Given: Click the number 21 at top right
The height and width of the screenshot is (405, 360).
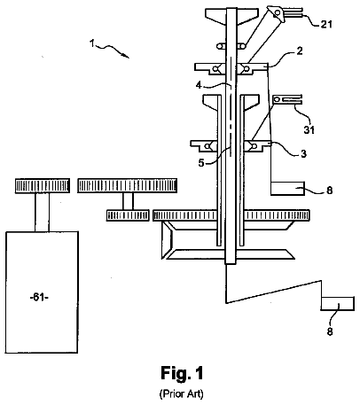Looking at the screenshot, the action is [x=326, y=24].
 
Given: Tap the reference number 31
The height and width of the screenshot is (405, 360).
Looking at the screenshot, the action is [x=309, y=129].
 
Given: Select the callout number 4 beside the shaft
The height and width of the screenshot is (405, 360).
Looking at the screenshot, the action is [x=199, y=85].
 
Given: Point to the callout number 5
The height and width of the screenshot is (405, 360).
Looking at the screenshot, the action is [x=201, y=162].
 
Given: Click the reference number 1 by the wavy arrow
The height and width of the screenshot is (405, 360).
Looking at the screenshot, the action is [x=92, y=43].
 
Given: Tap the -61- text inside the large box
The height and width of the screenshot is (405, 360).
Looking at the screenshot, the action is [x=39, y=297].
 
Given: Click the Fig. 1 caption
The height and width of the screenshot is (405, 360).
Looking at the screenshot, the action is [x=182, y=373].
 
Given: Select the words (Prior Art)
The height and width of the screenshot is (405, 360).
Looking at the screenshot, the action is [x=182, y=393].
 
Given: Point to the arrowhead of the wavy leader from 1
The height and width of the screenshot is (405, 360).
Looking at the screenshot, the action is [x=127, y=56].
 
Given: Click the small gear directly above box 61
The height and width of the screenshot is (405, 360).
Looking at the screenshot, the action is [x=43, y=186].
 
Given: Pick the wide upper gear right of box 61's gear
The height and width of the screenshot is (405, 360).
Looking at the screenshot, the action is [x=128, y=186].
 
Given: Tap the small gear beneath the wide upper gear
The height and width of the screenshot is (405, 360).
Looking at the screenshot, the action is [x=128, y=215].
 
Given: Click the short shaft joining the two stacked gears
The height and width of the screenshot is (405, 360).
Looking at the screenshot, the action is [x=128, y=201].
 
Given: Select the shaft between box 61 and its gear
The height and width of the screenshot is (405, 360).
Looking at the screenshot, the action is [x=43, y=213].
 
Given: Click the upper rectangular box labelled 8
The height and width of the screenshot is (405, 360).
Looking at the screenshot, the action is [x=287, y=189].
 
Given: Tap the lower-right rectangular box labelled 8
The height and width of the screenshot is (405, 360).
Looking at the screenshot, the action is [x=338, y=304].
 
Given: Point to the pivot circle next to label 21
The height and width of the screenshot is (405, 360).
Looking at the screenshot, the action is [x=278, y=12].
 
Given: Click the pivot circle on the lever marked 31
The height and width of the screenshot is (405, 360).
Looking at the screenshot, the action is [x=278, y=100].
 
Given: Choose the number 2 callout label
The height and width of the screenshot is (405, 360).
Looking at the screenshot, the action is [x=300, y=51].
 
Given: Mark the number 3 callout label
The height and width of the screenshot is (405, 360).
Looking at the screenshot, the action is [x=303, y=153].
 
